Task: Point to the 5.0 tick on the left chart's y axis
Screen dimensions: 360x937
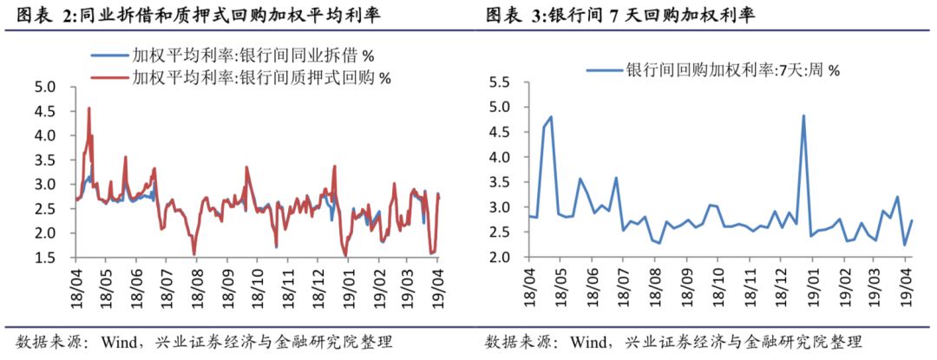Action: pos(45,87)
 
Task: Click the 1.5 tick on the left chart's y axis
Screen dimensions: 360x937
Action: pos(45,258)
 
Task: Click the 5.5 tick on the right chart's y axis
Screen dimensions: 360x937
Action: pos(504,82)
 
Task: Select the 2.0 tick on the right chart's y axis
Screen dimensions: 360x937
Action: pos(504,258)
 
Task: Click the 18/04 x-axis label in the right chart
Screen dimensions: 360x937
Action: pos(529,286)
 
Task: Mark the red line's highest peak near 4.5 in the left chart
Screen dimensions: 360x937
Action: pos(89,108)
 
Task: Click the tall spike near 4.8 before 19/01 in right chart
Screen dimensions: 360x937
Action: pos(803,115)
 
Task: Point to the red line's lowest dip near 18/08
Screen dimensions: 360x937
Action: pos(194,253)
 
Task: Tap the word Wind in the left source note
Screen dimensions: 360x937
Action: pos(117,340)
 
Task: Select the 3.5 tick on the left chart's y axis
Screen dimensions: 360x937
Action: pos(45,160)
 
